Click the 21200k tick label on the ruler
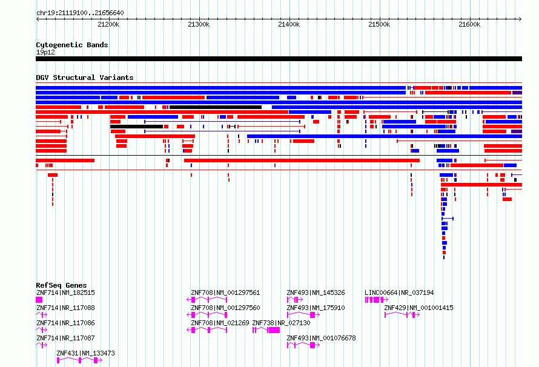pyautogui.click(x=108, y=25)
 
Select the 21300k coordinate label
pyautogui.click(x=199, y=25)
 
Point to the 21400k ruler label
pyautogui.click(x=289, y=25)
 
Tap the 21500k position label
pyautogui.click(x=379, y=25)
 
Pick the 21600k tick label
pyautogui.click(x=469, y=25)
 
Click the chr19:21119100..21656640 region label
pyautogui.click(x=80, y=13)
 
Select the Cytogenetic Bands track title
pyautogui.click(x=72, y=45)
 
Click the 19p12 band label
pyautogui.click(x=45, y=52)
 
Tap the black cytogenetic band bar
pyautogui.click(x=279, y=59)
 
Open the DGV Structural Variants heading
pyautogui.click(x=85, y=78)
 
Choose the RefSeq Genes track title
pyautogui.click(x=61, y=285)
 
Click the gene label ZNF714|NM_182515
pyautogui.click(x=65, y=293)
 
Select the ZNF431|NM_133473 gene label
pyautogui.click(x=85, y=353)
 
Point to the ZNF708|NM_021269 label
pyautogui.click(x=220, y=323)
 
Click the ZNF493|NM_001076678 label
pyautogui.click(x=321, y=338)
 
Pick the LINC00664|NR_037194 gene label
pyautogui.click(x=399, y=293)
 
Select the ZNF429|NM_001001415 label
pyautogui.click(x=418, y=308)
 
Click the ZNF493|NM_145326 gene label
pyautogui.click(x=316, y=293)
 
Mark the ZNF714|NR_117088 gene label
pyautogui.click(x=65, y=308)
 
